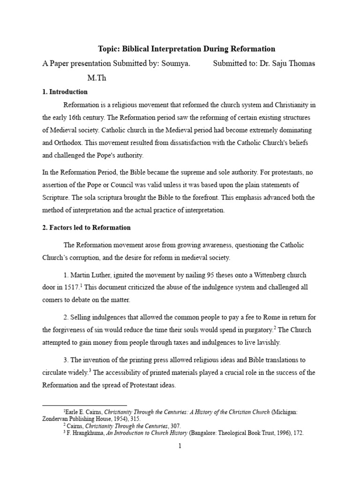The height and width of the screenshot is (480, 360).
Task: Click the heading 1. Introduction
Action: (65, 92)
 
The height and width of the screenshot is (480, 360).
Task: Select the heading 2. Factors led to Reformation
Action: (87, 228)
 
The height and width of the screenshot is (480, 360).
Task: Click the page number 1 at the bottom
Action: (179, 446)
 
